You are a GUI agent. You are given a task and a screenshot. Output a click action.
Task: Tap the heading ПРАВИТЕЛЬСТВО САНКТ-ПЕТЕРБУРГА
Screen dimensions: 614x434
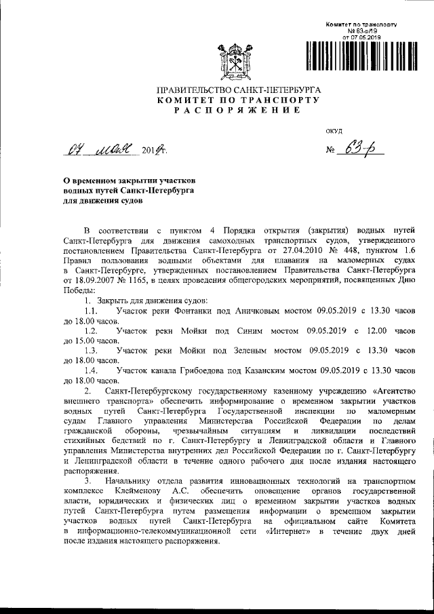click(239, 90)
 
